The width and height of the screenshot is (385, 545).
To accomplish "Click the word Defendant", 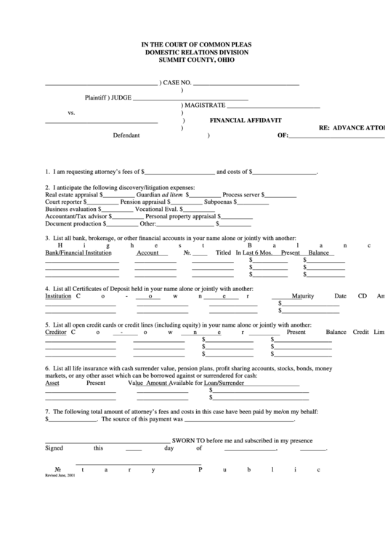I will [x=126, y=135].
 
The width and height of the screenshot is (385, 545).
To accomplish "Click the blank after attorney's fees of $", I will [x=179, y=172].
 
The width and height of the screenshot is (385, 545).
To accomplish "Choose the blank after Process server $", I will [x=279, y=195].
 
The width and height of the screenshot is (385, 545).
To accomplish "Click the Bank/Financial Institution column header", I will [x=78, y=252].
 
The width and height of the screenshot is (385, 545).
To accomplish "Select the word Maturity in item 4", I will [x=302, y=296].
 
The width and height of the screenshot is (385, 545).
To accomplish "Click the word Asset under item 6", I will [x=52, y=383].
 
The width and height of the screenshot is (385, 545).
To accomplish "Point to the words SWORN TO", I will [x=188, y=440].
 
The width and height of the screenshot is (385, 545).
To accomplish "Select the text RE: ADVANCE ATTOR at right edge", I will [x=352, y=127].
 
